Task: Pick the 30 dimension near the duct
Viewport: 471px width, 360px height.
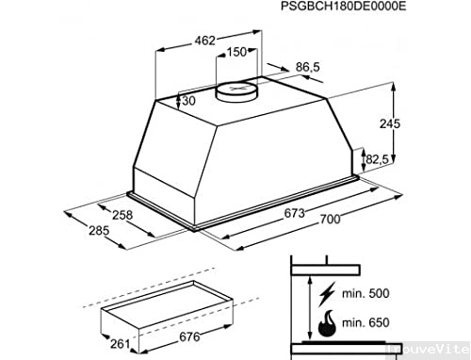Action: pyautogui.click(x=189, y=100)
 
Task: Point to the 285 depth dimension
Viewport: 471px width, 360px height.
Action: pyautogui.click(x=102, y=229)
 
